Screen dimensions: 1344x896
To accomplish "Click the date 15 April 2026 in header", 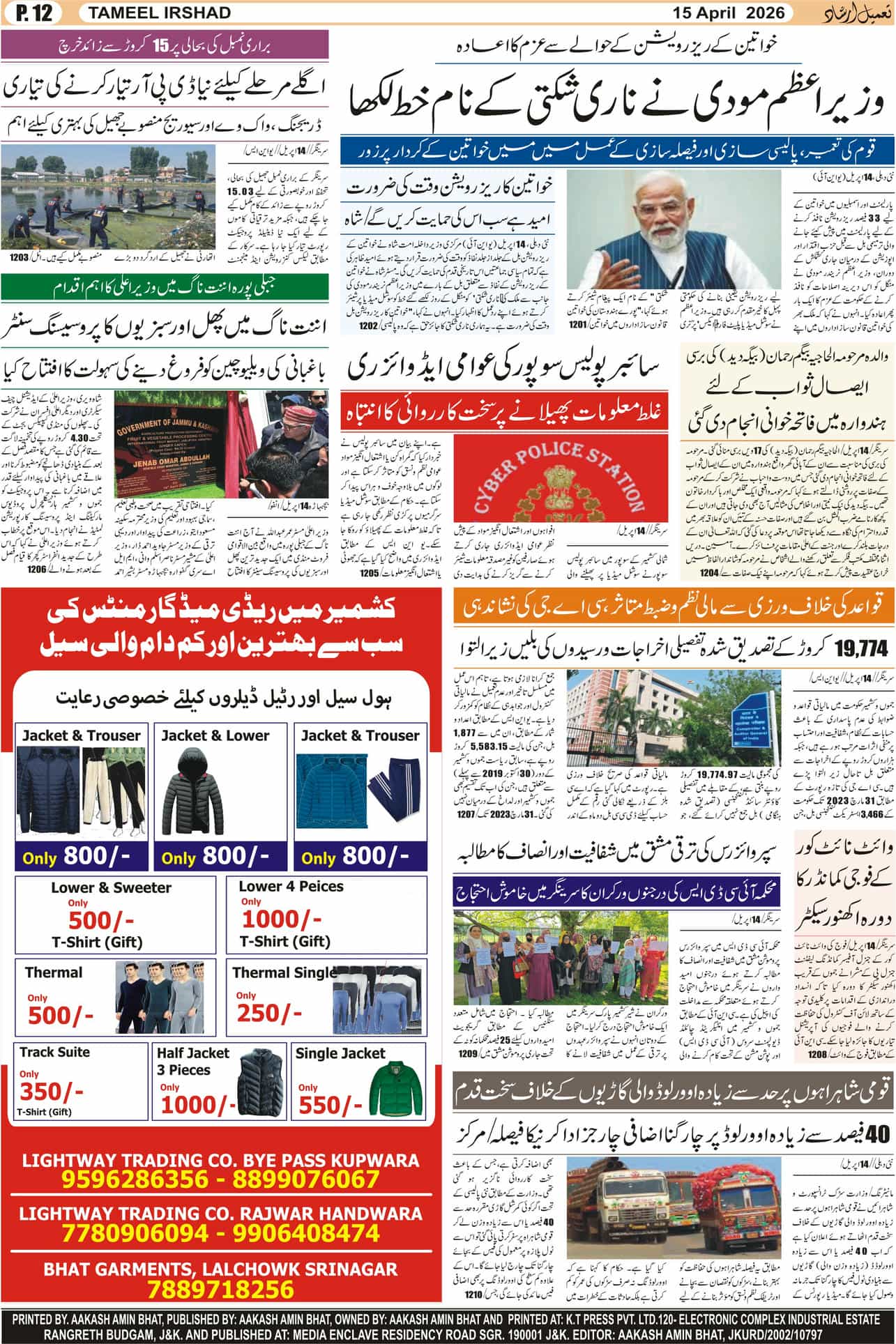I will click(x=729, y=13).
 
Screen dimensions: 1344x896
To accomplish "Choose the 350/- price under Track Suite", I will click(x=51, y=1091).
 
